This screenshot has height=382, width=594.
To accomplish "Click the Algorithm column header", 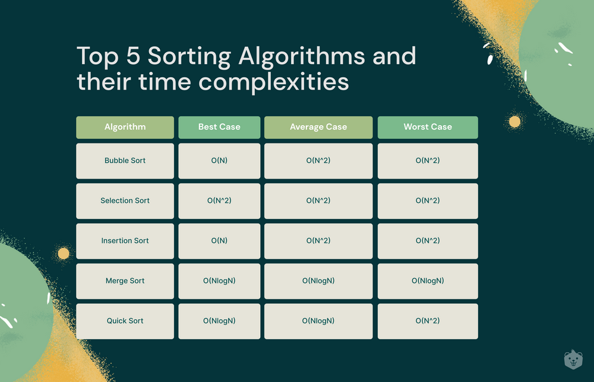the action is (x=125, y=127).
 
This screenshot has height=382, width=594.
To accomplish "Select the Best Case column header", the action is (x=219, y=127).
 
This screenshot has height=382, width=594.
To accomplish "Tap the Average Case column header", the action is (x=318, y=127).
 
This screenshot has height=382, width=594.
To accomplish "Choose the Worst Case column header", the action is (x=428, y=127).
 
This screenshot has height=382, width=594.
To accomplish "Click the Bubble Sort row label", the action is (x=125, y=161).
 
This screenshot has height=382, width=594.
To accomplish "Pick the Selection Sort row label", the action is (x=125, y=201).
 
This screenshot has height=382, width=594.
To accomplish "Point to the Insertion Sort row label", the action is (x=125, y=241).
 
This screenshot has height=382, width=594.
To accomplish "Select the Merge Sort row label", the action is (x=125, y=281).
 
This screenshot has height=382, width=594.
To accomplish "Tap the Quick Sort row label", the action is (x=125, y=321).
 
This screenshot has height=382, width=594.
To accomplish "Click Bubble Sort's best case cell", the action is (x=219, y=161).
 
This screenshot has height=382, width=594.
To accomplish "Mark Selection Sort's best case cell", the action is (x=219, y=201).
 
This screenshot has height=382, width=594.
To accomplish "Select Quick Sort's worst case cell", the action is (x=428, y=321).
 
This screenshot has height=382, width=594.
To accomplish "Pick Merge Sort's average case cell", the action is (x=318, y=281).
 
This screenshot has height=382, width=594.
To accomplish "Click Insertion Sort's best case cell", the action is (x=219, y=241).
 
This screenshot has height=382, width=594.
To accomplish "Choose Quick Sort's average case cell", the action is (x=318, y=321).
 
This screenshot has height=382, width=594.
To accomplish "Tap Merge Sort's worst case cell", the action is (x=428, y=281).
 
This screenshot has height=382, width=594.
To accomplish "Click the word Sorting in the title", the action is (x=189, y=57).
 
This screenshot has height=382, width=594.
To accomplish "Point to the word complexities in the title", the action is (x=273, y=82).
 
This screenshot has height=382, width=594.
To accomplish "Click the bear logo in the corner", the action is (x=573, y=359).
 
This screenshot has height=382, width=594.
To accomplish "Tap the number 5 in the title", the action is (x=133, y=55).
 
